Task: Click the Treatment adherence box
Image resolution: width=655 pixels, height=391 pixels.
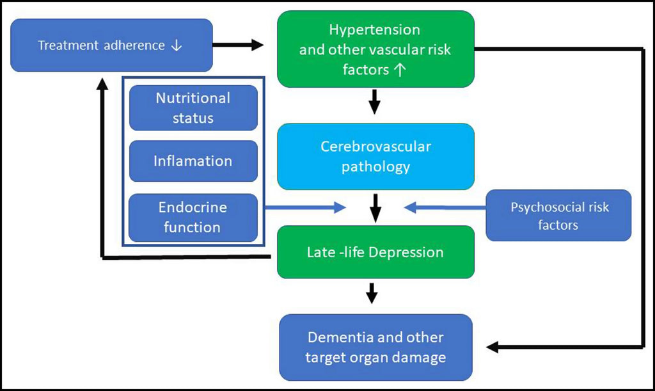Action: coord(111,45)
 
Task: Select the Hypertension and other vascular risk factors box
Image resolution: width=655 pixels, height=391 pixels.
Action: coord(375,49)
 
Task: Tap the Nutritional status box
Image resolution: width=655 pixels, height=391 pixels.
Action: coord(193,108)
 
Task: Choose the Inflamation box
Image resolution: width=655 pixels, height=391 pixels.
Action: coord(193,161)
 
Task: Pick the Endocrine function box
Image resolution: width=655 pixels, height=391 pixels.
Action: coord(193,218)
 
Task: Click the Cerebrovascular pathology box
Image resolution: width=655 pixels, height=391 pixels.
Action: coord(375,156)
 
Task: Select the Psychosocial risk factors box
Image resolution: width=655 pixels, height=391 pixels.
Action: coord(558,215)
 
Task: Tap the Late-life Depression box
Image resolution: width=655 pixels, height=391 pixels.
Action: coord(375,252)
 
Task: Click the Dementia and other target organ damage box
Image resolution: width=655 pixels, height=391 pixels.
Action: coord(375,347)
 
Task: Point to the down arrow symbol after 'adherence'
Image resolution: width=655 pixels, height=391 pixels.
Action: coord(177,45)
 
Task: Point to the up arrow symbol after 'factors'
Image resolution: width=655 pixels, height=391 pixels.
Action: coord(400,69)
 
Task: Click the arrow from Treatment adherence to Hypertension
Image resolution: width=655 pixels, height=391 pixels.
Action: coord(238,45)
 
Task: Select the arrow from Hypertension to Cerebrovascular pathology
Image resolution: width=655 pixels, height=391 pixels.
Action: coord(375,102)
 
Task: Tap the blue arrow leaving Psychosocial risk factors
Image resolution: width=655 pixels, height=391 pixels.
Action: coord(445,207)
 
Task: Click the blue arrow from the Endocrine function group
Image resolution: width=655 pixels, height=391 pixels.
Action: coord(306,207)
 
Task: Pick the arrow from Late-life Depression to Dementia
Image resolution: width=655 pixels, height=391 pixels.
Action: coord(372,293)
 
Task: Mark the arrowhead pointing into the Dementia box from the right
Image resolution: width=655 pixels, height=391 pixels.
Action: coord(493,347)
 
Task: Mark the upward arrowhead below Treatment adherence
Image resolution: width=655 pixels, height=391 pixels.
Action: coord(102,84)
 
